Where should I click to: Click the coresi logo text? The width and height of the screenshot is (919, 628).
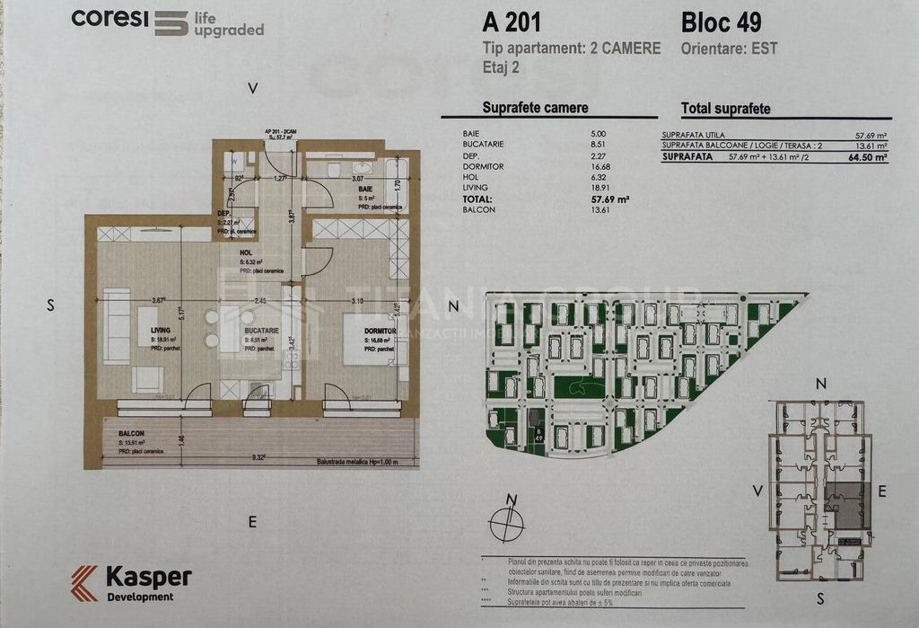109,17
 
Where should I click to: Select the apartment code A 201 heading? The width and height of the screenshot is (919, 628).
512,20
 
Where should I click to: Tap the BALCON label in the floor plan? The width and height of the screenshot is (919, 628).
130,434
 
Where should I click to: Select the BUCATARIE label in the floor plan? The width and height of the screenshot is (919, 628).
261,331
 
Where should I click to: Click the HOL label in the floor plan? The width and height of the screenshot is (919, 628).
246,253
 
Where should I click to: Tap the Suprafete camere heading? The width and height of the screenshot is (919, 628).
535,108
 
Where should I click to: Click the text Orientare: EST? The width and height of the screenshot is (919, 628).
730,48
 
